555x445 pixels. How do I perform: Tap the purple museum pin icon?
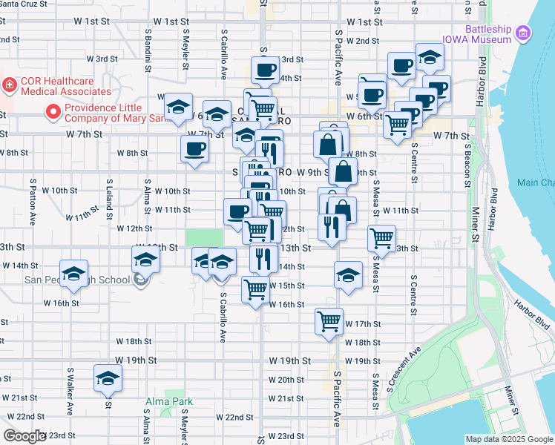(x=524, y=33)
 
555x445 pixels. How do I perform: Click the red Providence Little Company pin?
(x=53, y=113)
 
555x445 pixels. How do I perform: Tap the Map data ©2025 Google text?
(x=508, y=439)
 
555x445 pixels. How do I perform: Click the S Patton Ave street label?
(x=33, y=201)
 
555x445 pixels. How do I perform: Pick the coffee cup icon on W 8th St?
(x=195, y=148)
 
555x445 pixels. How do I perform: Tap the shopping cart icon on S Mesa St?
(x=381, y=238)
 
